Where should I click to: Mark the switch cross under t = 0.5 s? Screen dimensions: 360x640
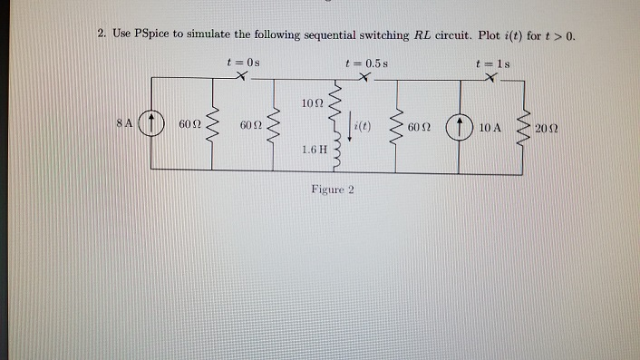(x=363, y=79)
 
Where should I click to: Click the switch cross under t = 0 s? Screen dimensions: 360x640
(x=239, y=79)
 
